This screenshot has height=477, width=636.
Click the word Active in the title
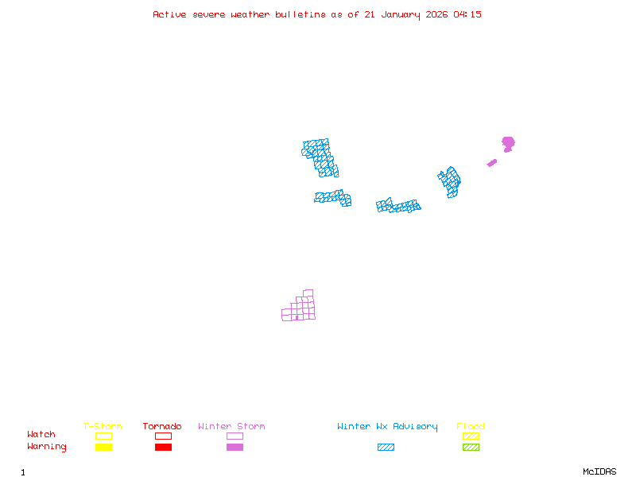(169, 14)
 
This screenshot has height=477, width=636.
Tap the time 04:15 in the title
(467, 14)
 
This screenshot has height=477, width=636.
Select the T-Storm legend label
(103, 427)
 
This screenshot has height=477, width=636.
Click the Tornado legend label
(162, 427)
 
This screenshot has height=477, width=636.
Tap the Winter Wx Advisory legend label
(387, 427)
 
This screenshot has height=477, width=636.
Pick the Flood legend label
(471, 427)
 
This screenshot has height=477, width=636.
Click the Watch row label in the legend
(41, 435)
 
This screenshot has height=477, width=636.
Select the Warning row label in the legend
(47, 447)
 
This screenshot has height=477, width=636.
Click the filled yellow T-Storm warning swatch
(103, 448)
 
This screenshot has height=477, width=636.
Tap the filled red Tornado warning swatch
(163, 448)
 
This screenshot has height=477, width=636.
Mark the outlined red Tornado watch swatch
(163, 436)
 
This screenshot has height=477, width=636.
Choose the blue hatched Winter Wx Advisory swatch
(386, 448)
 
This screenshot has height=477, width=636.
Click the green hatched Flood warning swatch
(471, 448)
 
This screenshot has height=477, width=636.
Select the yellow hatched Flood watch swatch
(471, 436)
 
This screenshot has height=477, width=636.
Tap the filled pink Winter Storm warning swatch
(235, 448)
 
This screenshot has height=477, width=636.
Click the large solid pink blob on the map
(508, 143)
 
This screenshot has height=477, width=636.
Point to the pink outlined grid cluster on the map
(301, 308)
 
